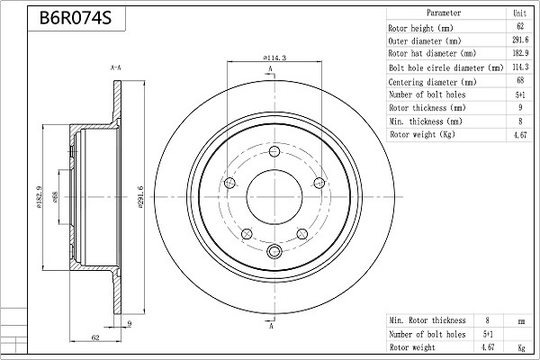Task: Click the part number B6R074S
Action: coord(76,18)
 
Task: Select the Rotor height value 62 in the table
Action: coord(520,26)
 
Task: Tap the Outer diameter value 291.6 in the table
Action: coord(520,40)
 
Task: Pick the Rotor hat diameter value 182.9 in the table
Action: coord(520,53)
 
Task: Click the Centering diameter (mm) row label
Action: coord(432,82)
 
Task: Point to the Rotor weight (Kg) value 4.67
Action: coord(520,135)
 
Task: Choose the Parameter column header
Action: coord(444,13)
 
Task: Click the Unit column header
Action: coord(519,13)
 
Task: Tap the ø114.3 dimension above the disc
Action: coord(274,58)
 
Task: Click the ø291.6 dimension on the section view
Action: coord(140,197)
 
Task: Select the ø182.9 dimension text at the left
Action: coord(39,197)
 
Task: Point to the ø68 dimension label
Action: coord(55,197)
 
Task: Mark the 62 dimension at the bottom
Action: coord(95,337)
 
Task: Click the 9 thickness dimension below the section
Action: coord(130,323)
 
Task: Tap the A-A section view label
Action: coord(116,67)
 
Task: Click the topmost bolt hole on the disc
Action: coord(274,151)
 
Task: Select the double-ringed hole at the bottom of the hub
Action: coord(274,251)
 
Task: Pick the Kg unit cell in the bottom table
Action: coord(521,348)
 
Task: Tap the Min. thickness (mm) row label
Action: coord(426,121)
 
